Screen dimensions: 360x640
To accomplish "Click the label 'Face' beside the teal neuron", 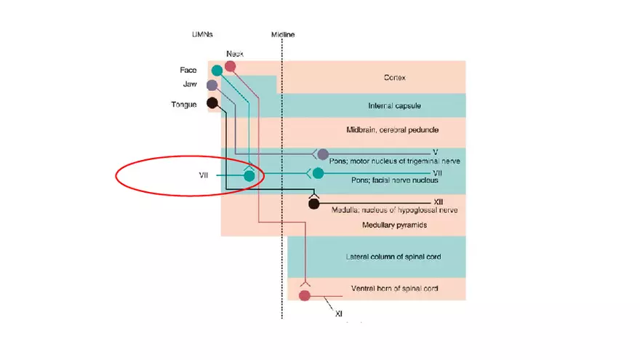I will [188, 71].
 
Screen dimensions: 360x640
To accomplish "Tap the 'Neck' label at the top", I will [234, 54].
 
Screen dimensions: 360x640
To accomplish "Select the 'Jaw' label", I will [189, 84].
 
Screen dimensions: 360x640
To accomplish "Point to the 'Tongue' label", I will [183, 105].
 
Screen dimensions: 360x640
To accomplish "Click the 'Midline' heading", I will [282, 35].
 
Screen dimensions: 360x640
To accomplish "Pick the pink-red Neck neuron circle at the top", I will [231, 67].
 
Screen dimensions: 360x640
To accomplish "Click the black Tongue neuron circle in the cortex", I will [212, 103].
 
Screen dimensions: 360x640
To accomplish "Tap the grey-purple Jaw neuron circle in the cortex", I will [212, 85].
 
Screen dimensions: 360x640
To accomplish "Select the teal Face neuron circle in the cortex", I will [217, 71].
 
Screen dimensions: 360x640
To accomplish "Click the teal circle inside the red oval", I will [249, 175].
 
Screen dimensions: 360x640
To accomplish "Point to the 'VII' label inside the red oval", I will [204, 175].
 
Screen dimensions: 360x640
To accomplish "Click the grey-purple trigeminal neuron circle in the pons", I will [323, 153].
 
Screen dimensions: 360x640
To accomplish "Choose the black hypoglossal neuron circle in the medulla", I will [313, 204].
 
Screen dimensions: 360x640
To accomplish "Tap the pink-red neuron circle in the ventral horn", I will [305, 295].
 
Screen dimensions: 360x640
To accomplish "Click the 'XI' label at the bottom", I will [338, 313].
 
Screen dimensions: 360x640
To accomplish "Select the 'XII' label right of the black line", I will [439, 201].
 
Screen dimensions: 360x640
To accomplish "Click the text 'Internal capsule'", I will [395, 106].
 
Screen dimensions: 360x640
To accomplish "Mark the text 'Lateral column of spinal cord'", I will [393, 257].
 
